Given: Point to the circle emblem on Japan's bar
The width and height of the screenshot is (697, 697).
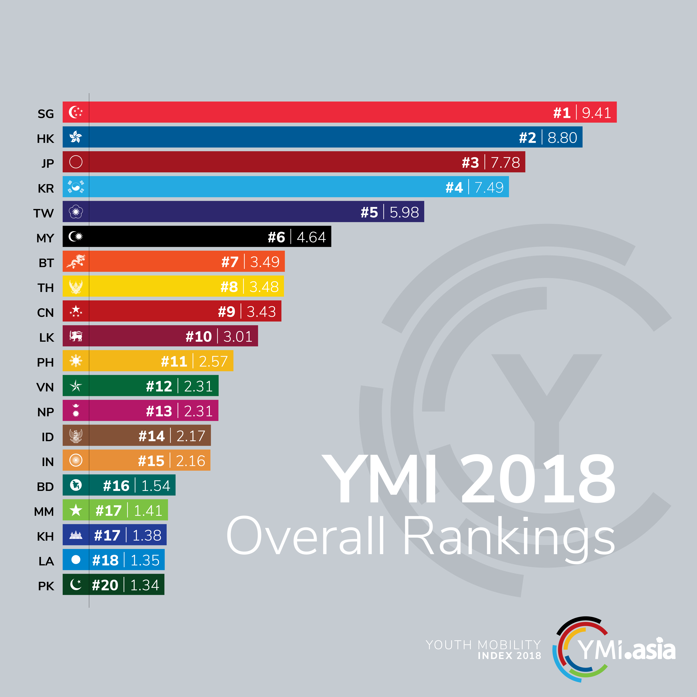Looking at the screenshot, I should coord(76,162).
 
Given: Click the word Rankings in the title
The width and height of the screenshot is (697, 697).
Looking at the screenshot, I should coord(509,538).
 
